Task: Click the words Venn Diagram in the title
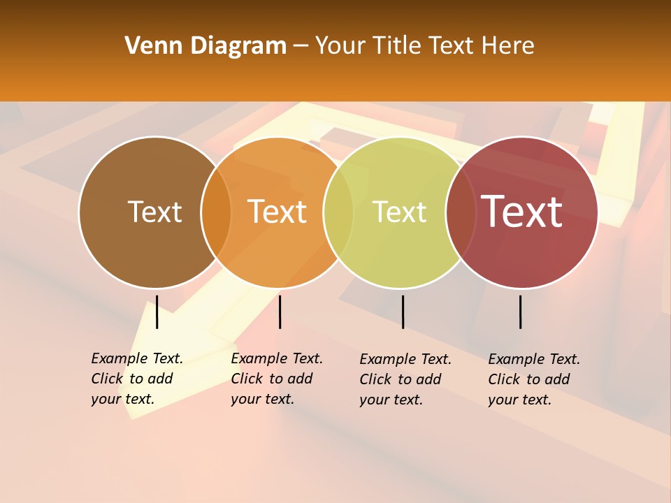click(205, 46)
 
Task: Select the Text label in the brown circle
click(154, 212)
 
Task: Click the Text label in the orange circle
click(277, 212)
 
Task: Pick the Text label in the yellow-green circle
click(399, 212)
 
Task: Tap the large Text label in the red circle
click(521, 212)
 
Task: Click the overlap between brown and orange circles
click(216, 212)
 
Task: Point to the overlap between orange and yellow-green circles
click(338, 212)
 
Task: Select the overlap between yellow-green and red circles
click(461, 212)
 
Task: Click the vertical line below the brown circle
click(157, 312)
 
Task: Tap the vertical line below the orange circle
click(280, 312)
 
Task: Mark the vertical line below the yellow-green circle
click(403, 312)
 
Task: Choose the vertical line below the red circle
click(520, 312)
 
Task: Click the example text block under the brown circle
click(136, 379)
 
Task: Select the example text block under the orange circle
click(276, 379)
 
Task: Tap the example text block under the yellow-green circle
click(405, 379)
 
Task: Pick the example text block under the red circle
click(533, 379)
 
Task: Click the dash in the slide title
click(301, 46)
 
